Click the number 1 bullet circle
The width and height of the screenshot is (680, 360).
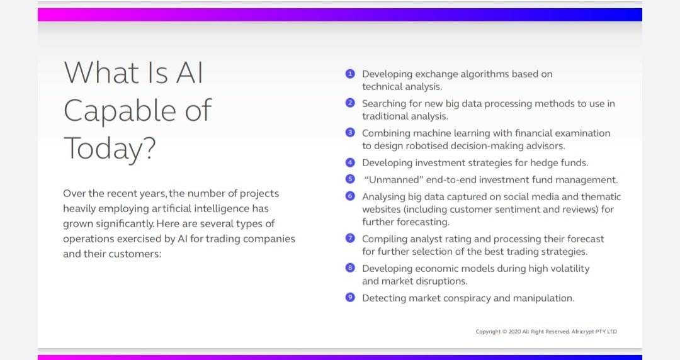(350, 74)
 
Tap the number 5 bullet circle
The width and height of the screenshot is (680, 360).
(350, 179)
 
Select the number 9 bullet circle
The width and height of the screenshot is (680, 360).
(350, 297)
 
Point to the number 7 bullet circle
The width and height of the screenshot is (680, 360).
(350, 238)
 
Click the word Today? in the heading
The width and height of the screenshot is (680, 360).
(110, 149)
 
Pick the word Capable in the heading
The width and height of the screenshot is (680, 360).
(120, 111)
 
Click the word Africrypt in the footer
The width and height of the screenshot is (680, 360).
(582, 332)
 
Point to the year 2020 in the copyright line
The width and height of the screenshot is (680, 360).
(514, 332)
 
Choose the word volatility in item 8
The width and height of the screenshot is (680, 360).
(570, 269)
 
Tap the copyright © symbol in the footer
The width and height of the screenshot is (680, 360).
(504, 332)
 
